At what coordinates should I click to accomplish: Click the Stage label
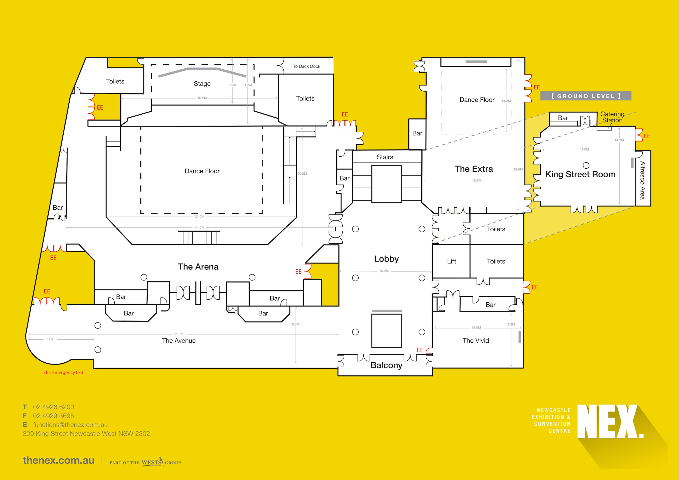(202, 84)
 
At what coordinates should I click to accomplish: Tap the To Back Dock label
(306, 66)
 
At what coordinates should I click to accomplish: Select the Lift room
(451, 261)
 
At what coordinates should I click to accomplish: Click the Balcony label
(386, 365)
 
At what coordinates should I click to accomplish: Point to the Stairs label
(385, 157)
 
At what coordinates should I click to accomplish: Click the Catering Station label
(612, 117)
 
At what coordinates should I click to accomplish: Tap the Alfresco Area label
(642, 180)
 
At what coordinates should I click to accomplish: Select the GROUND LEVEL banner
(586, 96)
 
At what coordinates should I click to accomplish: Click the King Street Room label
(580, 174)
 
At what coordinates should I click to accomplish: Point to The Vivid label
(476, 340)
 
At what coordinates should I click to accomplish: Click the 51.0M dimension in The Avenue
(179, 334)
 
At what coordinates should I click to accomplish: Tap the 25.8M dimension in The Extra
(518, 169)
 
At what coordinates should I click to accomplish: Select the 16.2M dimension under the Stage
(202, 98)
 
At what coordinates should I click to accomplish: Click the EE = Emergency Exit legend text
(63, 372)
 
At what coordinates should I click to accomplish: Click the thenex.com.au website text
(59, 460)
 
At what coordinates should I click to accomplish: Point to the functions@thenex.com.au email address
(70, 425)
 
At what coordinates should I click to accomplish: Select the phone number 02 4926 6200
(53, 407)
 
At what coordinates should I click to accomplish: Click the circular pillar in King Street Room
(586, 165)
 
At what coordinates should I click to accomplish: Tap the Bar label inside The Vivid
(490, 305)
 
